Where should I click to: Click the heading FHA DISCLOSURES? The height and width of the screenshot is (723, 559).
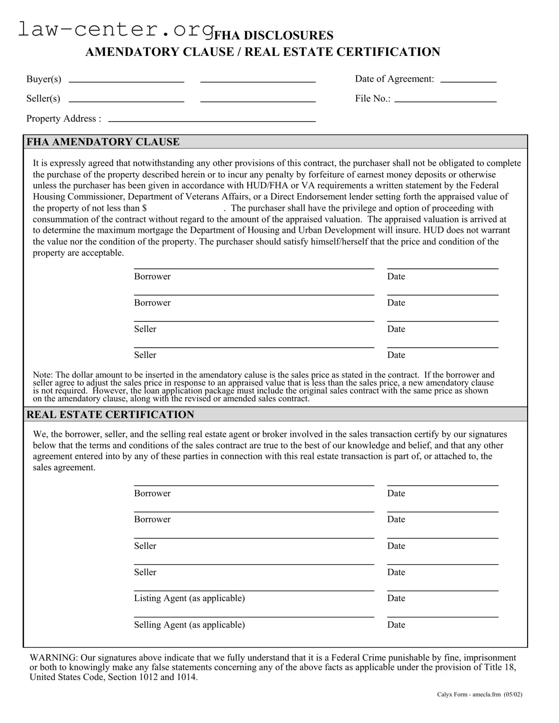274,36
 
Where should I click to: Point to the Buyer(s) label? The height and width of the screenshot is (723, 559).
44,79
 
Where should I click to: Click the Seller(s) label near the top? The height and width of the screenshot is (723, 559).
43,99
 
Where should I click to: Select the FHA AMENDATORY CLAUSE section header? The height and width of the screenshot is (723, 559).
103,142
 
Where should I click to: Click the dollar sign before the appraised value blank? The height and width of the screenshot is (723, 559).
144,208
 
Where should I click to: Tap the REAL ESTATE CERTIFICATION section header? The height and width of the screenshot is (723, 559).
110,415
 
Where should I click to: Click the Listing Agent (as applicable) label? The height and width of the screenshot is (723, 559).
189,598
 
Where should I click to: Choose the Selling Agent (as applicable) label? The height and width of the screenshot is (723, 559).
189,625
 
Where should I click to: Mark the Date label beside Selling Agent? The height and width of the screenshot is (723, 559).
396,625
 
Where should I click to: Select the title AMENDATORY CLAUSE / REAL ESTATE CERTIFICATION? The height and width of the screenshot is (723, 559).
262,52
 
